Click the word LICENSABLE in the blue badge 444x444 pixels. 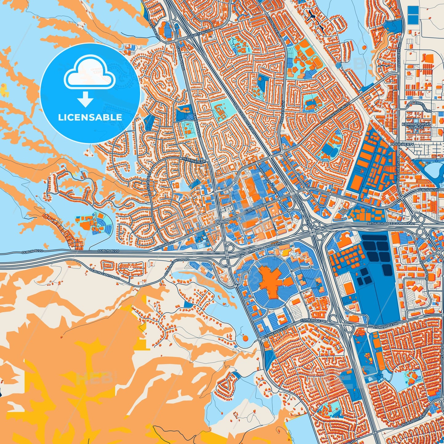tap(90, 117)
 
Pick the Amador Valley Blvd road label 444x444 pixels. tap(335, 114)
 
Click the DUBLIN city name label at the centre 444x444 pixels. tap(222, 221)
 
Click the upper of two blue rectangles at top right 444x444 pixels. tap(413, 10)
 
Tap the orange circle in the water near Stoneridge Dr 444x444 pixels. tap(245, 338)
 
